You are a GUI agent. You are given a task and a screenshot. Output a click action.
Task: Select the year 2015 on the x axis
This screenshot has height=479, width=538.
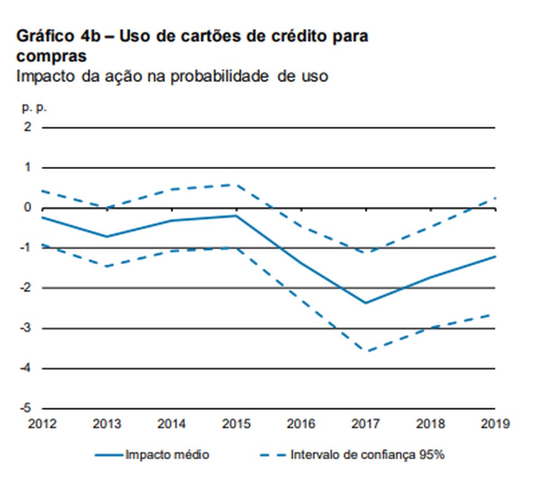tap(237, 424)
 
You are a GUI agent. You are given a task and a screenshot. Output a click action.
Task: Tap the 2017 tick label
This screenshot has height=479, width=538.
tap(366, 424)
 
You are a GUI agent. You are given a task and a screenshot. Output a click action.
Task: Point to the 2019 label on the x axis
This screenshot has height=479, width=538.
tap(495, 424)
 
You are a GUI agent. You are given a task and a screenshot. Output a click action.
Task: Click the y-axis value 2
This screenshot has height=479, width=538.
tap(28, 127)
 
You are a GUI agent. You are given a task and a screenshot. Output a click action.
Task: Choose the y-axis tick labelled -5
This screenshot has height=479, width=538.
tap(26, 408)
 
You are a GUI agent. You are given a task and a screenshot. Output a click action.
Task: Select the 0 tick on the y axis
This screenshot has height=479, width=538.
tap(28, 208)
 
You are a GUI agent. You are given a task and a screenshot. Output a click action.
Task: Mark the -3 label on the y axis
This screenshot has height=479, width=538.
tap(26, 328)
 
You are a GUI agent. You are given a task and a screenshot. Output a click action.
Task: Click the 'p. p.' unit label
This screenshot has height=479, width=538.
tap(34, 108)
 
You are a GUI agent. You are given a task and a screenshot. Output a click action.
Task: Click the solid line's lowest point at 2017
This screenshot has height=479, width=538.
tap(366, 303)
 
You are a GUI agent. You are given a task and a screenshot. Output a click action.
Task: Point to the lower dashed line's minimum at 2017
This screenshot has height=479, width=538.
tap(366, 352)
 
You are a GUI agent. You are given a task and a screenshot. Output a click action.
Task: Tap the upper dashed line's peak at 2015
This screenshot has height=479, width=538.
tap(236, 184)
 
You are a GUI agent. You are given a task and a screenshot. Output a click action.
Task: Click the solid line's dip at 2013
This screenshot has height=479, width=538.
tap(107, 237)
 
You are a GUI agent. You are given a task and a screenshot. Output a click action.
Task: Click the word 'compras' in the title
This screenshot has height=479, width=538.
tap(51, 56)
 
